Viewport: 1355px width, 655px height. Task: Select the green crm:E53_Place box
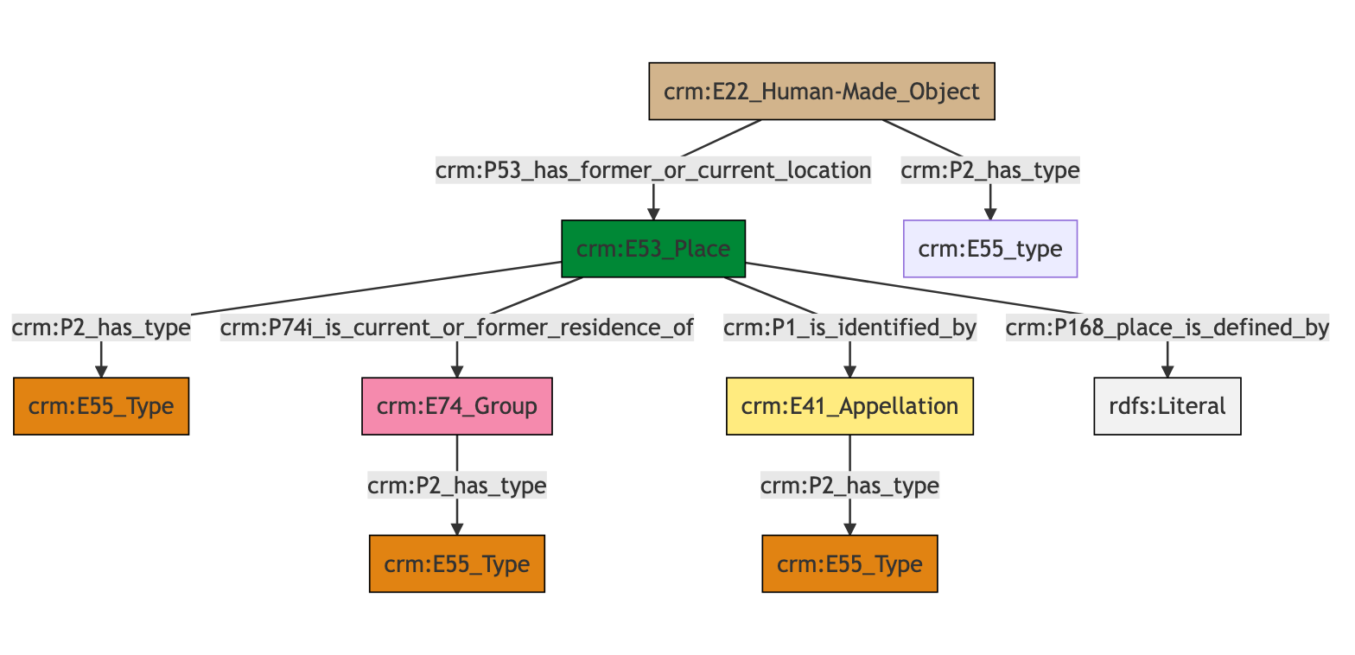click(x=653, y=249)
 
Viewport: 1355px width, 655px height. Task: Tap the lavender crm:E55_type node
click(x=990, y=249)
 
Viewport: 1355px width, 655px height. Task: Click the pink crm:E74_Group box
click(x=456, y=406)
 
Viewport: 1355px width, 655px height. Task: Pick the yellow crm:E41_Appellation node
click(x=850, y=406)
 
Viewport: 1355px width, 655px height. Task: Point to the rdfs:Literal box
click(x=1167, y=406)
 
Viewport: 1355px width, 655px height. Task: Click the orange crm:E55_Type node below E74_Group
click(x=456, y=563)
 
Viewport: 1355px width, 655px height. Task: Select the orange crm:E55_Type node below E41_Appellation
click(x=850, y=563)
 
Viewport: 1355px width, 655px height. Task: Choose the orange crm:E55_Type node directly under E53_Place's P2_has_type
click(x=101, y=406)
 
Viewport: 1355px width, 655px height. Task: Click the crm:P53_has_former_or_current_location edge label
click(x=653, y=171)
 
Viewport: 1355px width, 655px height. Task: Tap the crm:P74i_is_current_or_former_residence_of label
click(x=456, y=328)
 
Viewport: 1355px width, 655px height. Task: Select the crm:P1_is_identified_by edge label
click(x=850, y=328)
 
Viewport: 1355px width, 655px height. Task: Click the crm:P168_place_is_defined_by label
click(x=1167, y=328)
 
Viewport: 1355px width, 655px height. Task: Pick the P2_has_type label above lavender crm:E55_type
click(x=990, y=171)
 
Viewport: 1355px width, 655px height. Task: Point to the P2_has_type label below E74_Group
click(x=456, y=486)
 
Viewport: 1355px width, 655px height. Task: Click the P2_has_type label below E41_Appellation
click(x=850, y=486)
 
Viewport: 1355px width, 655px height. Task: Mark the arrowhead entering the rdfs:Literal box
click(x=1167, y=372)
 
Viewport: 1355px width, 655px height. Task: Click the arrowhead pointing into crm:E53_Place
click(x=653, y=214)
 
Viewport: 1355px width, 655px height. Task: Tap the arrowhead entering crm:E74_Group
click(x=456, y=372)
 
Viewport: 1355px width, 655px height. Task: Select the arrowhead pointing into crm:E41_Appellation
click(x=850, y=372)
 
